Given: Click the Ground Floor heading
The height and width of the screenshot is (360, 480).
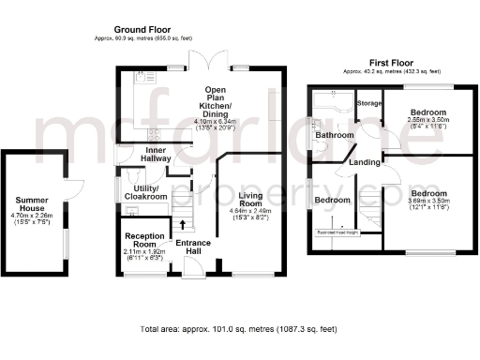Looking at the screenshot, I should tap(141, 30).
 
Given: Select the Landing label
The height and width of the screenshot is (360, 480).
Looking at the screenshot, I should tap(364, 163).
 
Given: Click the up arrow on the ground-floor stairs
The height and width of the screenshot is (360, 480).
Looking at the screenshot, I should tap(184, 223).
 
